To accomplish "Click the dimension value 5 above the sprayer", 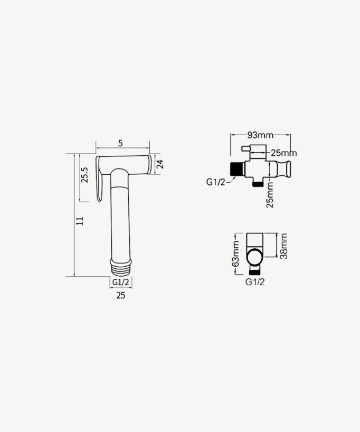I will click(120, 144).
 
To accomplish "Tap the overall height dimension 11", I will click(80, 221).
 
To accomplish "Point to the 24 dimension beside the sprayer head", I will click(160, 164).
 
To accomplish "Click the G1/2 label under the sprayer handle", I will click(120, 283).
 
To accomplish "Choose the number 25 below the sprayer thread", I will click(120, 296).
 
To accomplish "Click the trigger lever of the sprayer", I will click(99, 180).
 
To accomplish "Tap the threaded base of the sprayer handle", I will click(120, 265).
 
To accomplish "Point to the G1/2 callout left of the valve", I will click(216, 183).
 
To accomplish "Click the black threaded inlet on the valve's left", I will click(237, 169).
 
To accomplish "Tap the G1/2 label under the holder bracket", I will click(255, 281).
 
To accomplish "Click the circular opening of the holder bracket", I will click(255, 257).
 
